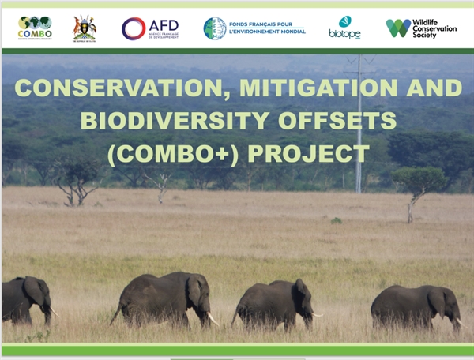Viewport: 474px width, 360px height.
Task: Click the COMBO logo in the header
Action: (x=35, y=28)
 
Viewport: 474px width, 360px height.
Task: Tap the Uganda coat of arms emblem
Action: (x=85, y=28)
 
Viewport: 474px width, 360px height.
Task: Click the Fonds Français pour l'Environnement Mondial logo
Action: (x=254, y=28)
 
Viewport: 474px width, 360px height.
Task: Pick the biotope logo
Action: (x=344, y=28)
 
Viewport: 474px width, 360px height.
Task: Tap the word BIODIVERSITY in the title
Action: (x=164, y=120)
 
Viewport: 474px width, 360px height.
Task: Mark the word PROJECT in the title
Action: (x=310, y=152)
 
